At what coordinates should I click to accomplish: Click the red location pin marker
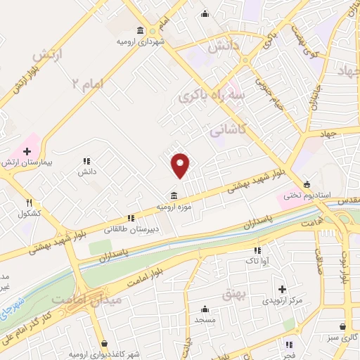point(181,165)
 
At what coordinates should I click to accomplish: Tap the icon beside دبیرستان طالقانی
point(130,219)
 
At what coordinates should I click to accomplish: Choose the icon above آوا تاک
point(257,250)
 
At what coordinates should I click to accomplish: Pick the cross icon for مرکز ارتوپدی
point(282,289)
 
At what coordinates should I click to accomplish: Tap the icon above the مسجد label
point(205,309)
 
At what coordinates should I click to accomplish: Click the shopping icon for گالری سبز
point(342,327)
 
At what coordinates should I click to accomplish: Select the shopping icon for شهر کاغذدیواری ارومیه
point(105,344)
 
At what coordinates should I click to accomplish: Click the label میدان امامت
point(96,300)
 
